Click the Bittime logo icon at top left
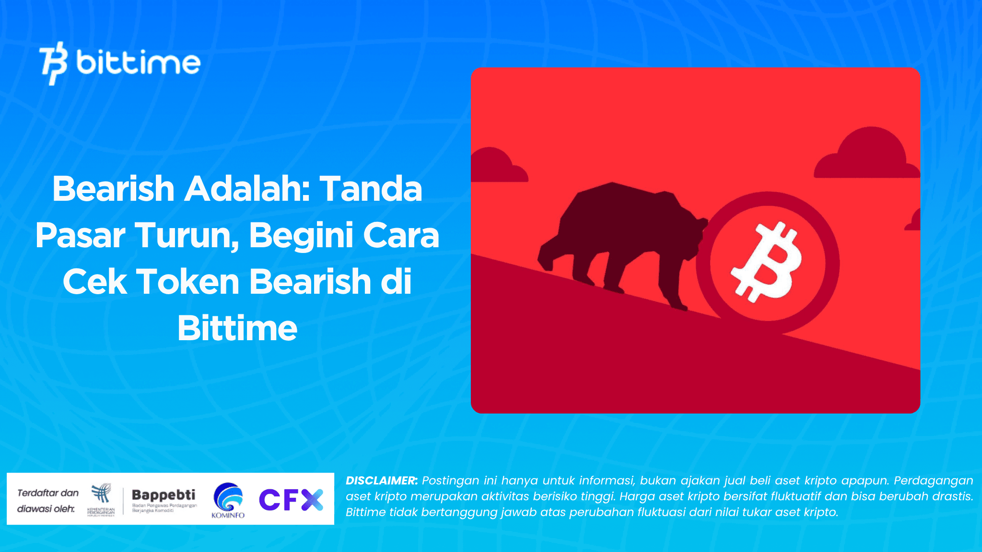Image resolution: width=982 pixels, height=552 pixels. coord(53,63)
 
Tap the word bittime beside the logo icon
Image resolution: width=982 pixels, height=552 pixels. coord(138,62)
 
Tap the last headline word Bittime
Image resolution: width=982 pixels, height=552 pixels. coord(237,328)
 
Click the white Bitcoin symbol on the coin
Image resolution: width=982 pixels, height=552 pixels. coord(766,262)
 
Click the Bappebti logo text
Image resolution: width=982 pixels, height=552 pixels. coord(164,494)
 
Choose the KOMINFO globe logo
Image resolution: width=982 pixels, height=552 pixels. coord(228,497)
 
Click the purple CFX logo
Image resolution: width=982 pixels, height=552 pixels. coord(291,499)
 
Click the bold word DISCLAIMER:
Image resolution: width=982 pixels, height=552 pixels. coord(382,481)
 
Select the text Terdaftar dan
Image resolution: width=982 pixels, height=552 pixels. coord(48,493)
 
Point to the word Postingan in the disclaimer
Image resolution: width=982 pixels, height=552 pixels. coord(450,481)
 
